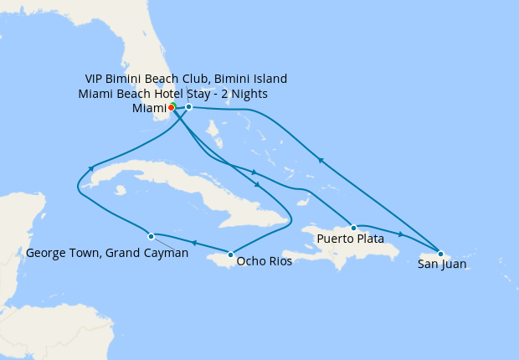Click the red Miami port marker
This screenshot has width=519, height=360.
pyautogui.click(x=171, y=107)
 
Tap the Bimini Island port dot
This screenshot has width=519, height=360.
pyautogui.click(x=189, y=107)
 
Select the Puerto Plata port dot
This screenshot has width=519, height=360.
pyautogui.click(x=354, y=228)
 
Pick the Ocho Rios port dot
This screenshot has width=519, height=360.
pyautogui.click(x=230, y=254)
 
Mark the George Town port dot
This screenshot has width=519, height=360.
pyautogui.click(x=151, y=236)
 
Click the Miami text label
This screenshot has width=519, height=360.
pyautogui.click(x=148, y=108)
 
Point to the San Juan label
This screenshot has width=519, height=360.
pyautogui.click(x=441, y=265)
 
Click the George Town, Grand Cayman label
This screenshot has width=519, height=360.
pyautogui.click(x=107, y=253)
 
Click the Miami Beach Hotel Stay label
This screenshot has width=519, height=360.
pyautogui.click(x=178, y=94)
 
